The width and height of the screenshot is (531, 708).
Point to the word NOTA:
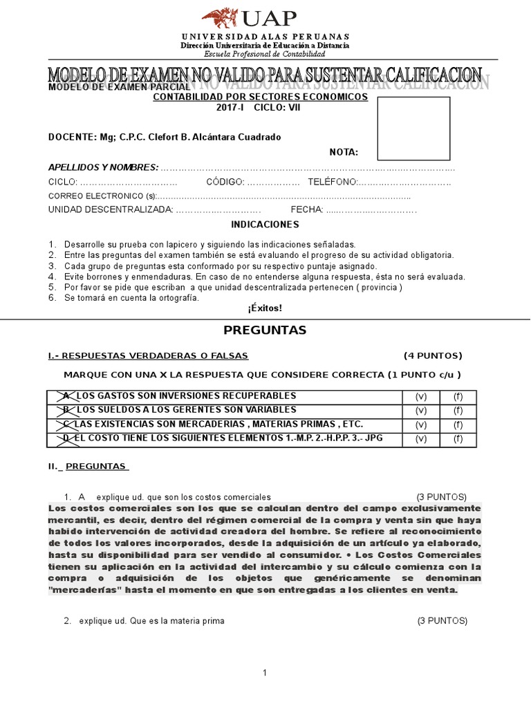tap(344, 152)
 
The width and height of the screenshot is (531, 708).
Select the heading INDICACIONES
tap(265, 225)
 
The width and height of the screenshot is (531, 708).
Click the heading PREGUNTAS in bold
tap(265, 330)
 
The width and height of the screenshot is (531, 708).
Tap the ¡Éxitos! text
tap(265, 308)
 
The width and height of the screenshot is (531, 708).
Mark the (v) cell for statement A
tap(421, 396)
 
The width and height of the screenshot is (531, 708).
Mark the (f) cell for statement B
tap(458, 411)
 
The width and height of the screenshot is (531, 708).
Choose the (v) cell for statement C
tap(421, 425)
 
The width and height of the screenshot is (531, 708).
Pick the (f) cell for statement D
tap(458, 439)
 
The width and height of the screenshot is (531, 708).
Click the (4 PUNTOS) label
tap(433, 356)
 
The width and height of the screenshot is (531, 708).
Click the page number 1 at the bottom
tap(265, 673)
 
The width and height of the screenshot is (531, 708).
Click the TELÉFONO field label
tap(332, 182)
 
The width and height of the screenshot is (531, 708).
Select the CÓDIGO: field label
tap(225, 182)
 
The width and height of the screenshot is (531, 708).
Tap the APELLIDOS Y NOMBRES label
tap(103, 167)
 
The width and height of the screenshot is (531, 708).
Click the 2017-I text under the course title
tap(231, 109)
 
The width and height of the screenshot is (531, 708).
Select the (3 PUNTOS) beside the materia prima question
tap(442, 621)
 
